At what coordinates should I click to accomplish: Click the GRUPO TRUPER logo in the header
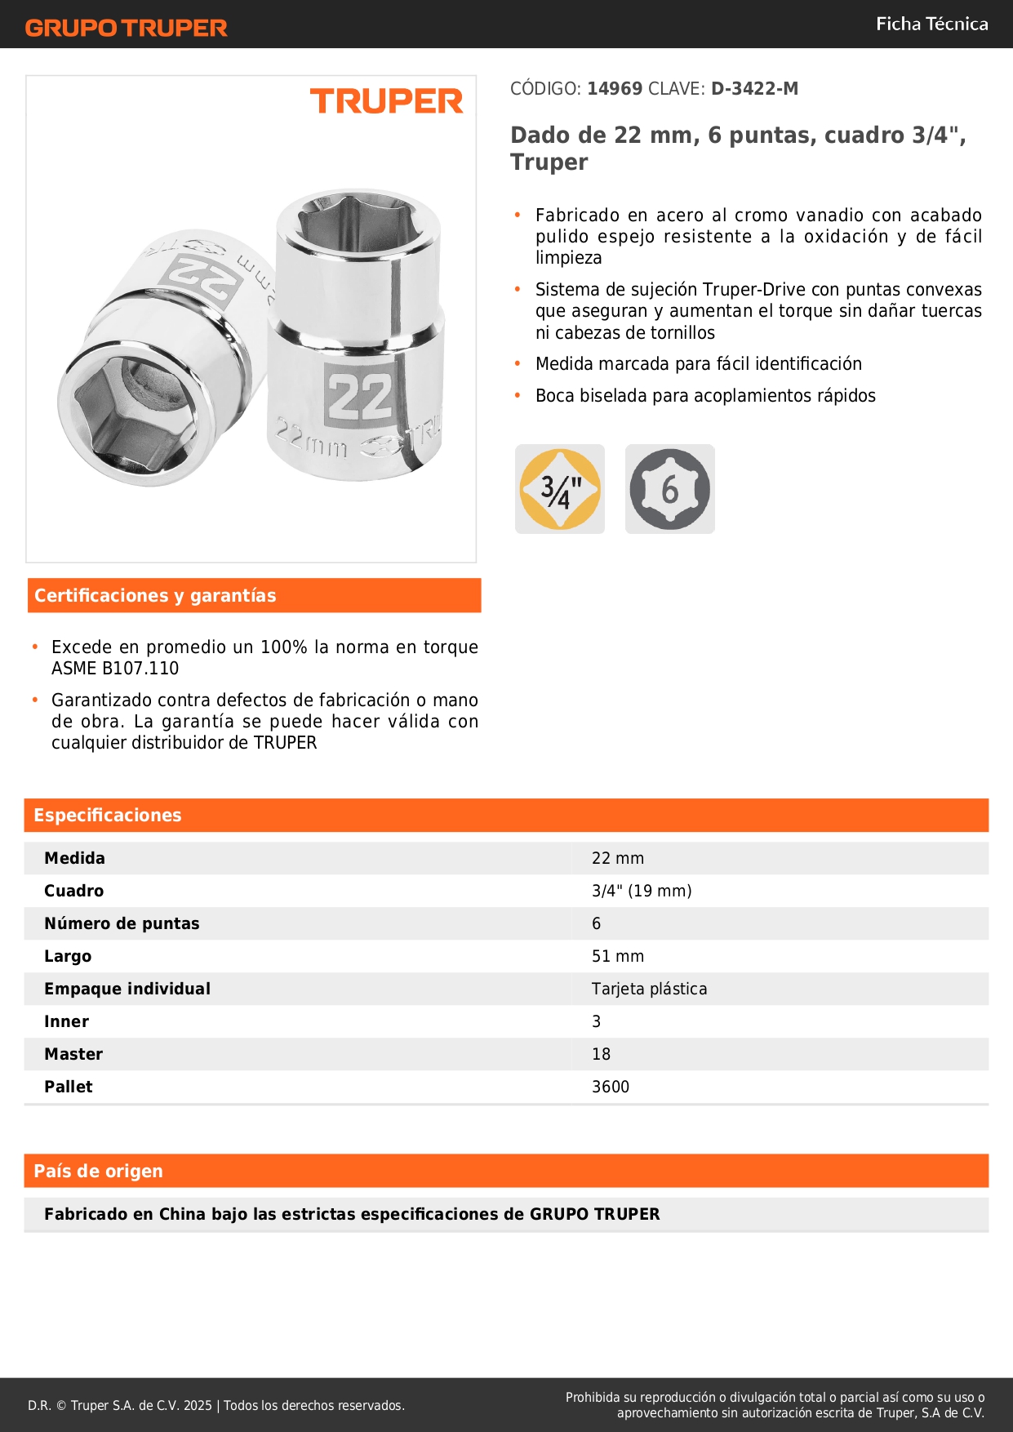pyautogui.click(x=126, y=28)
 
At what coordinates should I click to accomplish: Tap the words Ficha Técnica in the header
pyautogui.click(x=931, y=24)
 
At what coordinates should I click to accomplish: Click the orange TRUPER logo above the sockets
pyautogui.click(x=386, y=101)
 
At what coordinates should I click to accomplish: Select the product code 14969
pyautogui.click(x=615, y=88)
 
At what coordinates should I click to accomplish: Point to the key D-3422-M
pyautogui.click(x=754, y=88)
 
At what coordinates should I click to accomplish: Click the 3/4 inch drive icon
pyautogui.click(x=560, y=489)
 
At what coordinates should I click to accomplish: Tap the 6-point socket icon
pyautogui.click(x=669, y=489)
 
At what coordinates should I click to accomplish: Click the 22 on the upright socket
pyautogui.click(x=359, y=397)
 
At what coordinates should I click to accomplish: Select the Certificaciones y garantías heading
pyautogui.click(x=155, y=595)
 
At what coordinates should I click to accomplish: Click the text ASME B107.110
pyautogui.click(x=115, y=668)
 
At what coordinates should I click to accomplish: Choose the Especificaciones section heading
pyautogui.click(x=108, y=815)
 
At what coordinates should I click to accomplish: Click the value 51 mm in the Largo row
pyautogui.click(x=618, y=956)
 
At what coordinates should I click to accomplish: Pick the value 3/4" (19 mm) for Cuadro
pyautogui.click(x=642, y=891)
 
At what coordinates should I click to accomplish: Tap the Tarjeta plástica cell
pyautogui.click(x=649, y=989)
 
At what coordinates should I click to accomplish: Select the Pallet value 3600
pyautogui.click(x=611, y=1087)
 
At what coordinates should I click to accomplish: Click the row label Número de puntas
pyautogui.click(x=122, y=923)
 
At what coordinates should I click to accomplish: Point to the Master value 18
pyautogui.click(x=601, y=1054)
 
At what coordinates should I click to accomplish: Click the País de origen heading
pyautogui.click(x=98, y=1171)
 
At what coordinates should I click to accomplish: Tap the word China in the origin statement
pyautogui.click(x=182, y=1214)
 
